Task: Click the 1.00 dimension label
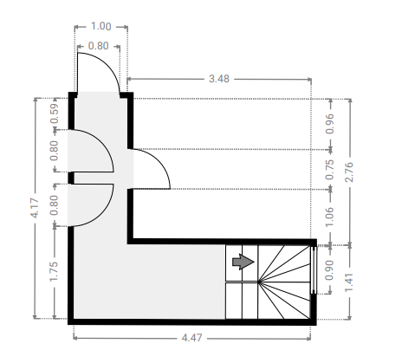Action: (100, 26)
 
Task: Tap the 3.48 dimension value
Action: (219, 79)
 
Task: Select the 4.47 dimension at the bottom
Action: (192, 338)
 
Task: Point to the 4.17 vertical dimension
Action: (35, 208)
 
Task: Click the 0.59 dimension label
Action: (54, 113)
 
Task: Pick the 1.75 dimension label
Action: (54, 271)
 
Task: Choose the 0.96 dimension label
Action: (329, 124)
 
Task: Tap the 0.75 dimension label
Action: (329, 170)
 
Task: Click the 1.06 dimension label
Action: (329, 217)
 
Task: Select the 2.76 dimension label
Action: (349, 172)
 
